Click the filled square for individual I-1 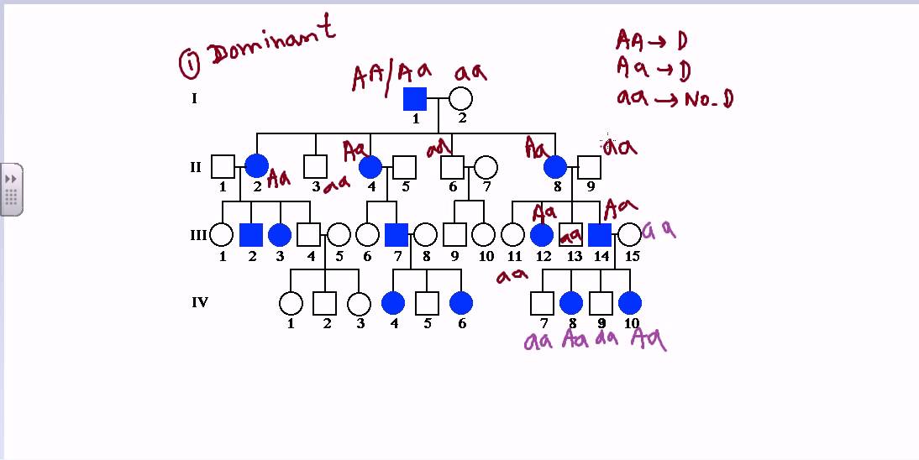click(415, 99)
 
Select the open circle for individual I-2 click(460, 99)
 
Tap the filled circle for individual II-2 click(256, 167)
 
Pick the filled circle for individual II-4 click(370, 167)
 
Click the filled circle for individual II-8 click(555, 167)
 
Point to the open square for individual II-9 click(590, 167)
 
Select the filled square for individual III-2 click(251, 235)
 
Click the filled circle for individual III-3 click(280, 235)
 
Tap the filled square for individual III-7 click(396, 235)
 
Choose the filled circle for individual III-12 click(542, 235)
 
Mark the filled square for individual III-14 click(600, 235)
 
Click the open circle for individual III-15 click(629, 235)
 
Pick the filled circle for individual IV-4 click(393, 303)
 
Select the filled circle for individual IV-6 click(460, 303)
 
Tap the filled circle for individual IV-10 click(630, 303)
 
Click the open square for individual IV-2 click(324, 303)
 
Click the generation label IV click(199, 302)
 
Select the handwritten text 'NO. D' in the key click(710, 99)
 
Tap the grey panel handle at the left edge click(11, 190)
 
